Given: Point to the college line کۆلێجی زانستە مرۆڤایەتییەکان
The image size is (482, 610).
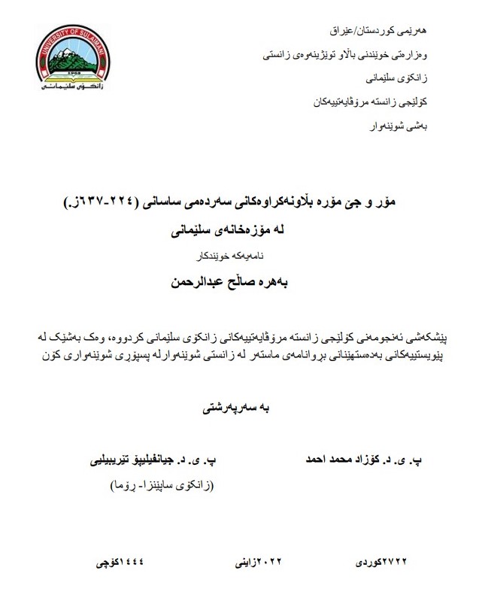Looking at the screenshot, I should tap(380, 99).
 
